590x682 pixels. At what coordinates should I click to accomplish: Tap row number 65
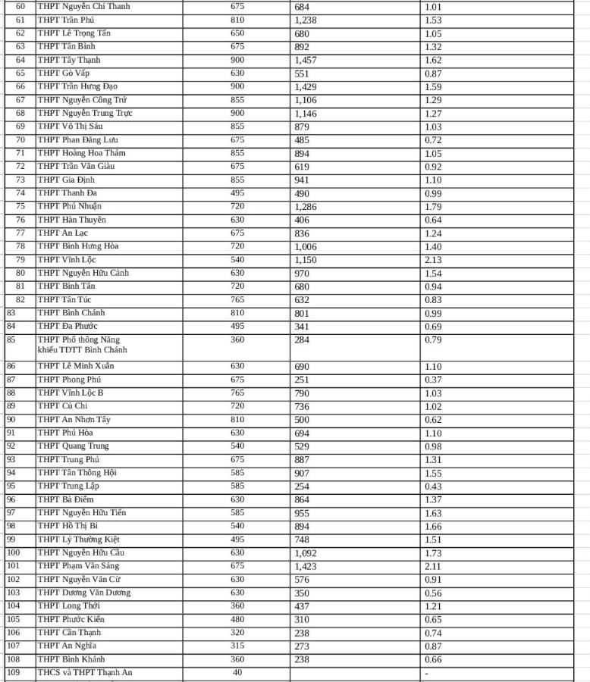[20, 74]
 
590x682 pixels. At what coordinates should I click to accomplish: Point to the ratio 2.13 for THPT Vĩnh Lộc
[433, 260]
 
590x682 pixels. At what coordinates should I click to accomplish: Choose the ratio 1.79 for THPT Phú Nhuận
[433, 207]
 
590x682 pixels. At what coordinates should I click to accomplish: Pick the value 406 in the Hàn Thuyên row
[302, 220]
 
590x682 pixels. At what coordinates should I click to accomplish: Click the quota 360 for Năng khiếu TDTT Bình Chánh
[237, 339]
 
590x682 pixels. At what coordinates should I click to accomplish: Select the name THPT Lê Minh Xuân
[73, 366]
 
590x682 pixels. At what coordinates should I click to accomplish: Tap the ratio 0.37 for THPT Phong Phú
[433, 380]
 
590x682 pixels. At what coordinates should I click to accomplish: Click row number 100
[13, 552]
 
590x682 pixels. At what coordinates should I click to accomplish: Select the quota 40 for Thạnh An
[237, 672]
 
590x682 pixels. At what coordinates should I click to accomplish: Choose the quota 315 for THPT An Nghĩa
[237, 646]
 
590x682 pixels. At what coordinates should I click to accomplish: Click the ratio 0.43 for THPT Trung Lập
[433, 486]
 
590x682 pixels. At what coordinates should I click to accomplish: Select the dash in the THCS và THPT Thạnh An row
[427, 673]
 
